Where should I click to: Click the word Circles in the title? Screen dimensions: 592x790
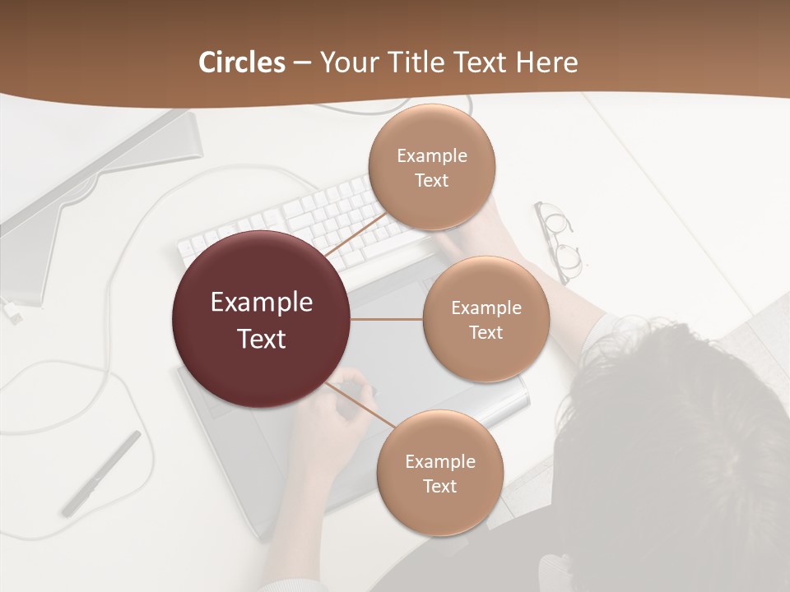242,62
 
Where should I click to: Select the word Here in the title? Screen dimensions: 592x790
546,62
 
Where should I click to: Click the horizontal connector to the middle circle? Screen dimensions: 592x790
387,319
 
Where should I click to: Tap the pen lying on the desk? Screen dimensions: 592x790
101,473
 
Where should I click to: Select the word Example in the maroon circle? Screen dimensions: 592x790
262,303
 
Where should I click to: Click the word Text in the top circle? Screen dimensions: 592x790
431,180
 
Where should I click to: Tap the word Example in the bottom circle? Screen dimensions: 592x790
440,461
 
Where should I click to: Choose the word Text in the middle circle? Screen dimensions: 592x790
486,332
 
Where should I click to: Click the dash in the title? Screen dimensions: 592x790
302,62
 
